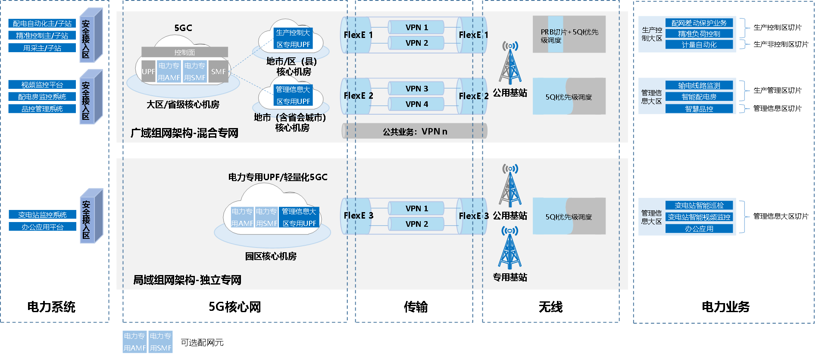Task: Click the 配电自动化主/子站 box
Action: click(x=42, y=23)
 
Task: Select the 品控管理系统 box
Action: click(x=42, y=109)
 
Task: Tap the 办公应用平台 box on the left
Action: click(x=42, y=227)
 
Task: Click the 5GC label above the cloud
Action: click(x=183, y=28)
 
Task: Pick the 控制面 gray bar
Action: click(x=184, y=52)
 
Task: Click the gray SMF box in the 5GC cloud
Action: click(x=219, y=72)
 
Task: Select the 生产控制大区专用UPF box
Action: click(x=293, y=38)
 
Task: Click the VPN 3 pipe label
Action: click(x=416, y=88)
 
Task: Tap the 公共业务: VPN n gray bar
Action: click(x=415, y=131)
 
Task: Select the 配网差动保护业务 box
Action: click(x=699, y=23)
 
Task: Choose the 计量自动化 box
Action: click(x=699, y=44)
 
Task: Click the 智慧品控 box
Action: click(x=699, y=109)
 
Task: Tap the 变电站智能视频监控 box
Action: click(x=699, y=217)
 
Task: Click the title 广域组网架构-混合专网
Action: click(x=184, y=133)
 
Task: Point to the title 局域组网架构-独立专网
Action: click(x=187, y=280)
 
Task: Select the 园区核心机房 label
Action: click(x=271, y=256)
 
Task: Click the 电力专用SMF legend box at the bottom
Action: click(x=160, y=342)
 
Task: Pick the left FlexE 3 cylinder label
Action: click(x=358, y=216)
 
